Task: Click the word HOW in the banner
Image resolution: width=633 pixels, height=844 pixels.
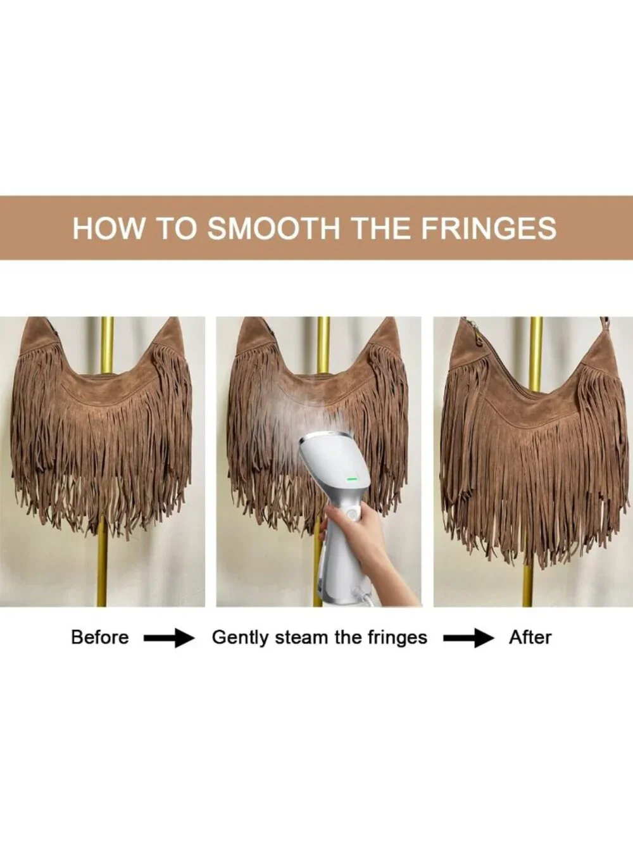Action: point(108,228)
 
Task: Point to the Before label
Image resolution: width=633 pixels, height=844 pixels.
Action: point(100,637)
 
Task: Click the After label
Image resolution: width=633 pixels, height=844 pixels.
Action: point(530,637)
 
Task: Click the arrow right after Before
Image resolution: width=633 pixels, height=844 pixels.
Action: point(169,638)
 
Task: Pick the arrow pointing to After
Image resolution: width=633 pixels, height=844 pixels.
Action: point(468,638)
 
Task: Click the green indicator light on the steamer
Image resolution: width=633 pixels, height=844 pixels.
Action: point(353,479)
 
